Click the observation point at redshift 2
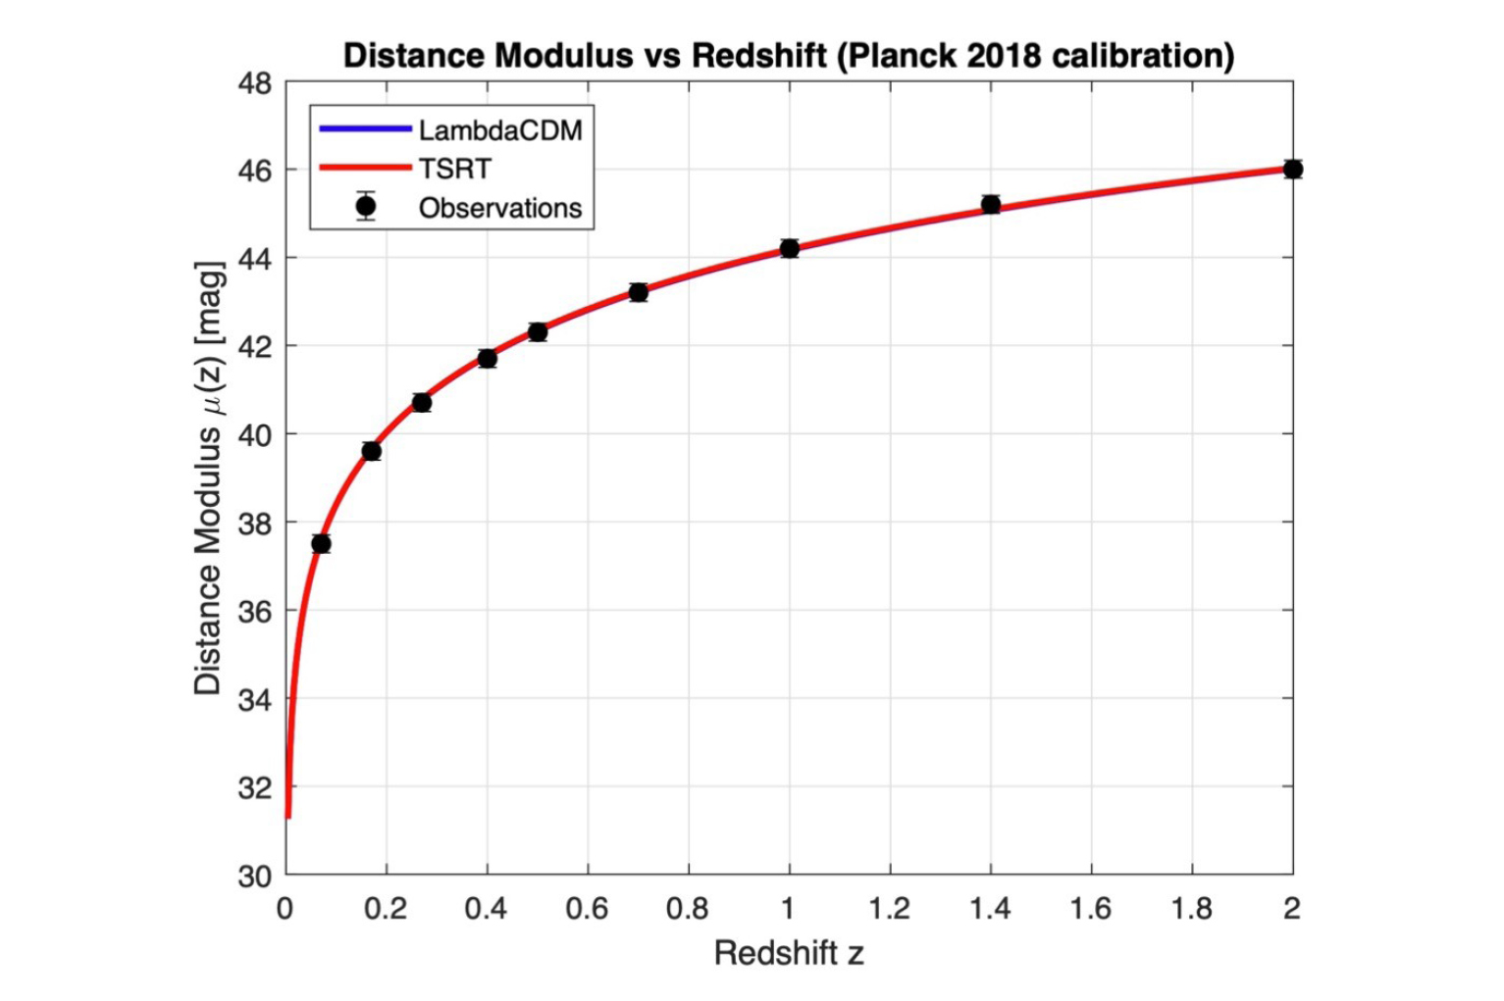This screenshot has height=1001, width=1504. point(1292,169)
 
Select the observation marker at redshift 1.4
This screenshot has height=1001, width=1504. point(990,204)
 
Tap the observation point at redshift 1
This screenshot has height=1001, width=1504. point(789,248)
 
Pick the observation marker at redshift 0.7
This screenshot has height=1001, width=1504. point(638,292)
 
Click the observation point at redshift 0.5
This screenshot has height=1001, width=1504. point(537,331)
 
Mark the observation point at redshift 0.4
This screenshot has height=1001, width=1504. point(487,358)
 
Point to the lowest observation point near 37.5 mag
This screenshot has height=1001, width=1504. point(321,543)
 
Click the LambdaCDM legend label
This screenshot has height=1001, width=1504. point(499,130)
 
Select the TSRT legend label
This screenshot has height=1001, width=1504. point(454,169)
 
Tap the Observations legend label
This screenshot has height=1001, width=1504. point(499,208)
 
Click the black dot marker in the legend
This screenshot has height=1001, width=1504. point(366,207)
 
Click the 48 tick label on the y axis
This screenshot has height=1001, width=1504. point(255,84)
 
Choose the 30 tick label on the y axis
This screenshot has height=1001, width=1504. point(255,876)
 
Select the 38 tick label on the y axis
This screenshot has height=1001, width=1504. point(255,524)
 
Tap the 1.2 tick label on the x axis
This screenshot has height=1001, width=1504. point(889,909)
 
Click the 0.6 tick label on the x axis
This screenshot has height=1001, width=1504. point(587,909)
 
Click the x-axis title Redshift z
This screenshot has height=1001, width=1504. point(789,952)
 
